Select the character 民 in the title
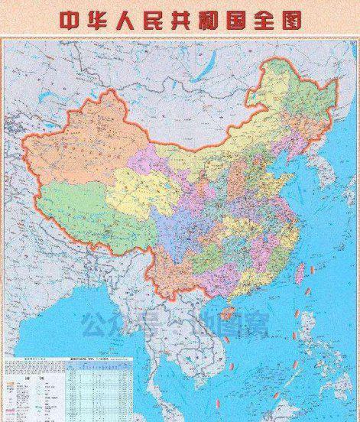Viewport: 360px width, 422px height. point(163,20)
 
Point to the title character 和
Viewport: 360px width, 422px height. point(224,20)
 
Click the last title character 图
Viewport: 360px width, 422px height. point(287,20)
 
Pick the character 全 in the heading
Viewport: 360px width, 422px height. point(256,20)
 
